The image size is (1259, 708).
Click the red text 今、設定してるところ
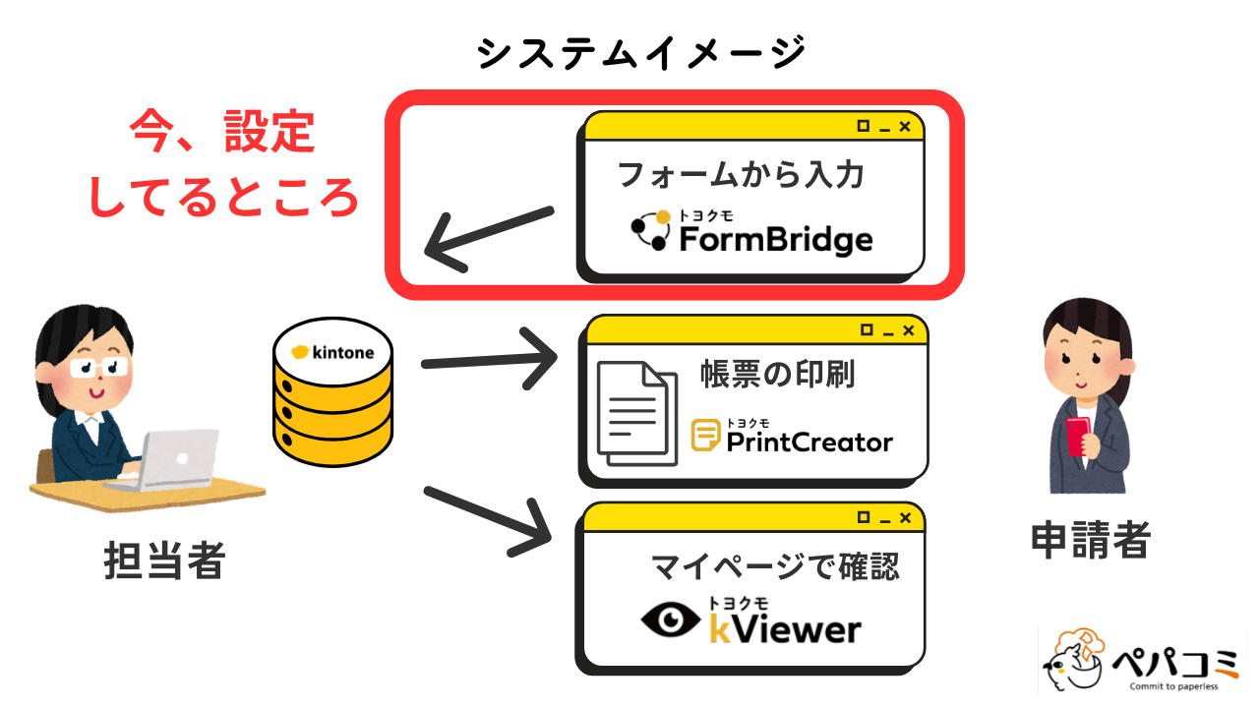pyautogui.click(x=224, y=165)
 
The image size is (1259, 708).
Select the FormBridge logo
pyautogui.click(x=751, y=233)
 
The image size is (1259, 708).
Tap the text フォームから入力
pyautogui.click(x=740, y=175)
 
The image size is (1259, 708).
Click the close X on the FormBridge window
pyautogui.click(x=905, y=127)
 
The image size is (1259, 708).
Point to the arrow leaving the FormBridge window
pyautogui.click(x=488, y=238)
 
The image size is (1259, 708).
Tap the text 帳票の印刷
pyautogui.click(x=777, y=375)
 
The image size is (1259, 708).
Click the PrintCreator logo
pyautogui.click(x=792, y=438)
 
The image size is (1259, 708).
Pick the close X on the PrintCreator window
pyautogui.click(x=907, y=330)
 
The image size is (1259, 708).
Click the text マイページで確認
pyautogui.click(x=775, y=566)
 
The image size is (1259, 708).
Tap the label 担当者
pyautogui.click(x=164, y=561)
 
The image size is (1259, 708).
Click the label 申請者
pyautogui.click(x=1090, y=539)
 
